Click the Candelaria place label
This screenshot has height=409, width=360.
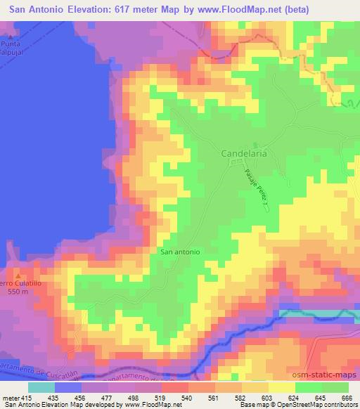(244, 152)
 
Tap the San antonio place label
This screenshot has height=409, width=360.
(181, 251)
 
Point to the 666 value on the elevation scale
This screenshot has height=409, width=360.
(345, 397)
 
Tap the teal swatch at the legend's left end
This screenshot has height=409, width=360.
(41, 387)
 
